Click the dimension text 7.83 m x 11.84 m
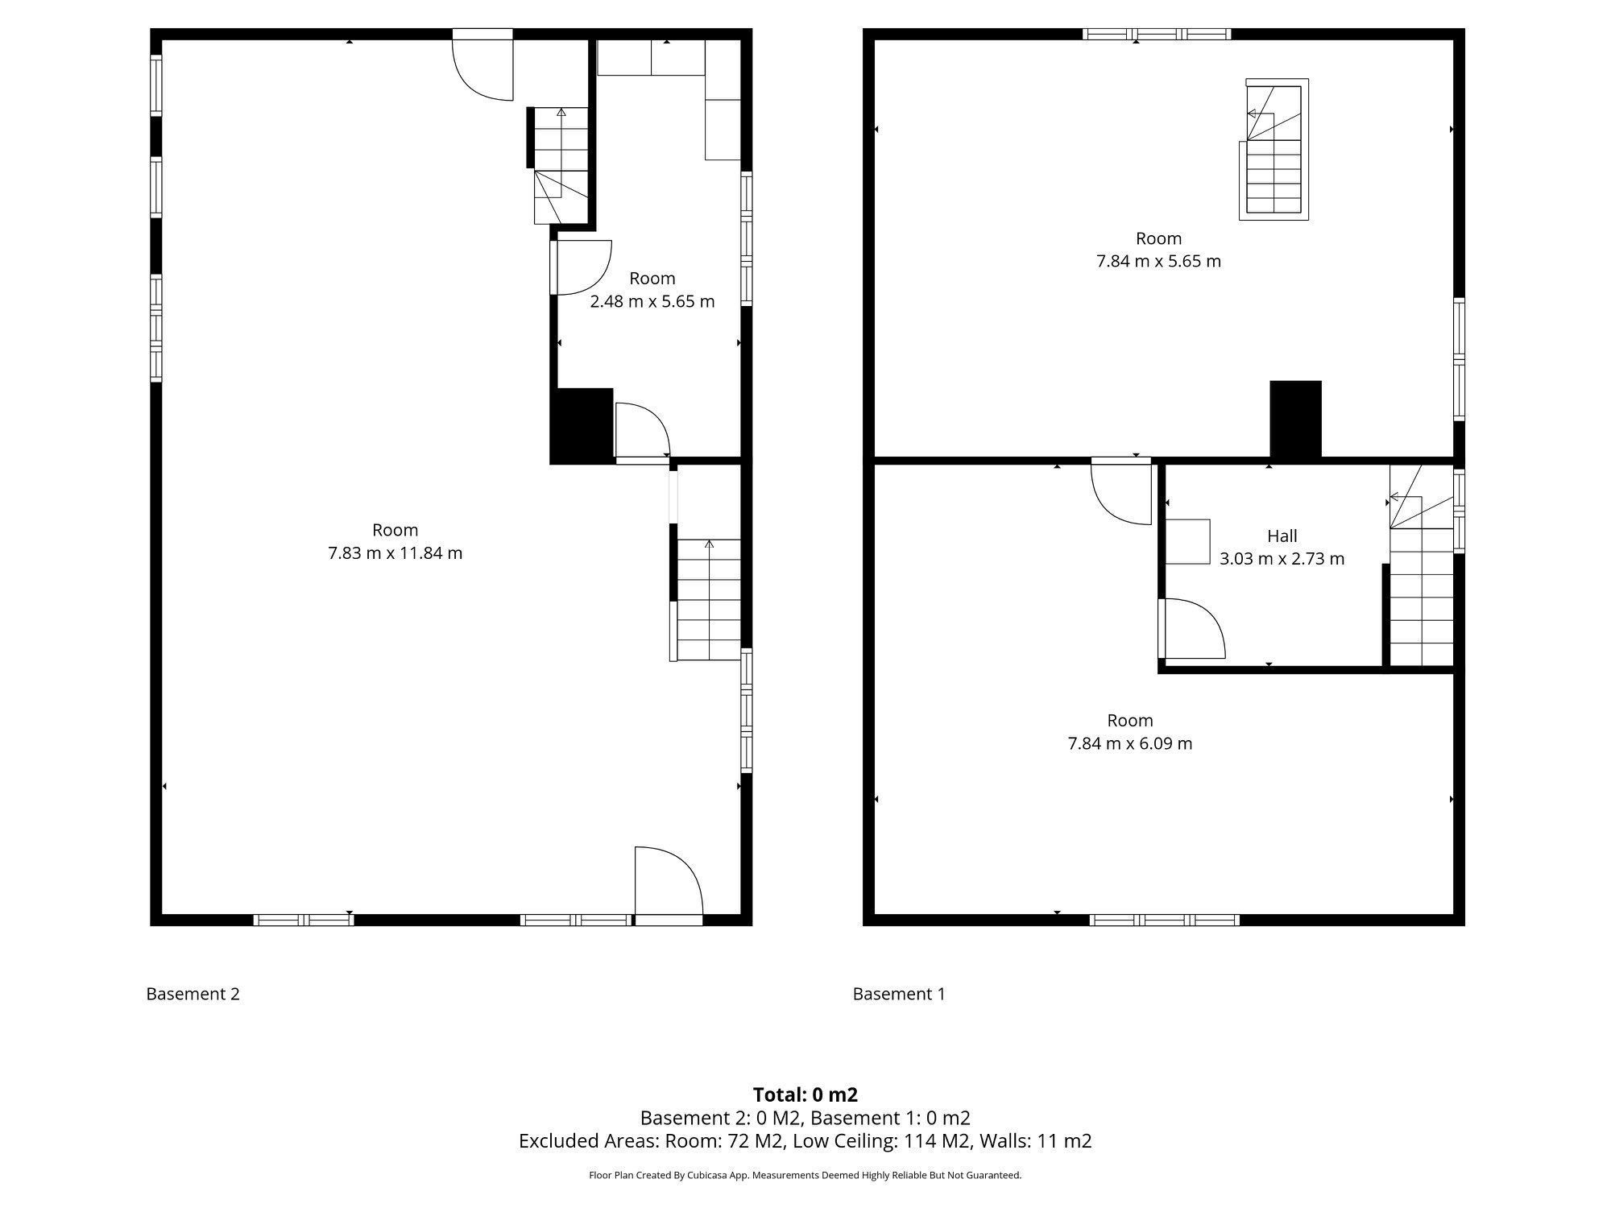coord(395,553)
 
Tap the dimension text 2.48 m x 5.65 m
coord(652,301)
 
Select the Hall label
coord(1282,536)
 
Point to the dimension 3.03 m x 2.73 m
coord(1282,558)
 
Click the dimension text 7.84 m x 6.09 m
coord(1130,743)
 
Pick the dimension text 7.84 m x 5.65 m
coord(1158,261)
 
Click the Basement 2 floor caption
coord(193,994)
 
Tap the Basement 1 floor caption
coord(899,994)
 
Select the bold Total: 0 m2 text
coord(805,1094)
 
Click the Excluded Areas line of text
coord(805,1140)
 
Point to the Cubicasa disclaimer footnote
coord(805,1175)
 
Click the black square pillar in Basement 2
coord(582,426)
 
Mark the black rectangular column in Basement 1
coord(1295,420)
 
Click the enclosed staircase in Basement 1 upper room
coord(1273,150)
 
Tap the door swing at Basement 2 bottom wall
coord(669,881)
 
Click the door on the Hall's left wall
coord(1191,628)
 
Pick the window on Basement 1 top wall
coord(1157,34)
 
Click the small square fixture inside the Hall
coord(1188,541)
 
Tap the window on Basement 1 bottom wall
coord(1165,920)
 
